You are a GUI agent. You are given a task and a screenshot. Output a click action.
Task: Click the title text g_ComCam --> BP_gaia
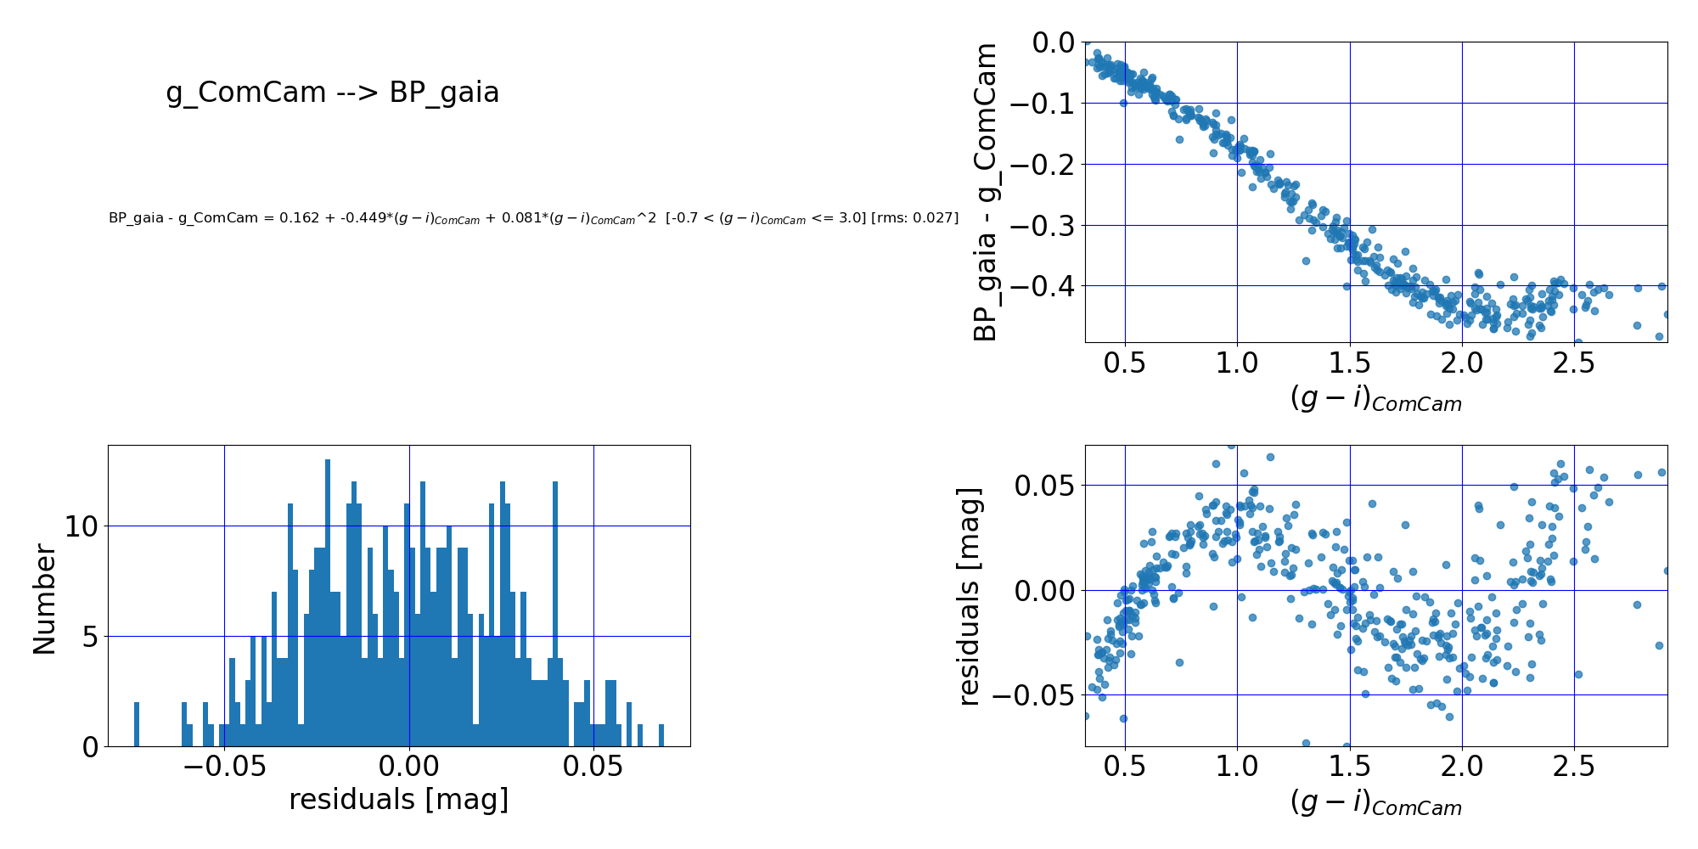point(332,93)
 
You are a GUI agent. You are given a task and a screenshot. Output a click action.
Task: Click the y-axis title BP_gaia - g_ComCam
point(985,193)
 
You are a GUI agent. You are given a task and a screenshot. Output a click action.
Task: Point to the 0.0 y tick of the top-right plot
point(1053,42)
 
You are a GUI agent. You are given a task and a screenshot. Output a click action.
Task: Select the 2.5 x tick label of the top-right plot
point(1574,363)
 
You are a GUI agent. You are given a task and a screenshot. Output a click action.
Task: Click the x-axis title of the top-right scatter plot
point(1375,398)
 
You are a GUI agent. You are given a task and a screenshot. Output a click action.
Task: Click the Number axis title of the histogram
point(44,599)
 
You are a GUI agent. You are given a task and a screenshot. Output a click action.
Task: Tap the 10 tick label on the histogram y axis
point(82,526)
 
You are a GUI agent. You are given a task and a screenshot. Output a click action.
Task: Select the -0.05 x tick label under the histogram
point(224,767)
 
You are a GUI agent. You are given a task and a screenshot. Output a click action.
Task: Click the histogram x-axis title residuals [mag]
point(398,800)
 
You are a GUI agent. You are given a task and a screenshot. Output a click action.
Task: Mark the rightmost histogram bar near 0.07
point(661,735)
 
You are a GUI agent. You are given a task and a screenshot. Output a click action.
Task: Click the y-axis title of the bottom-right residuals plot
point(969,597)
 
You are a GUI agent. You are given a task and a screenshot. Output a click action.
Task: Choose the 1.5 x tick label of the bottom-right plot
point(1350,767)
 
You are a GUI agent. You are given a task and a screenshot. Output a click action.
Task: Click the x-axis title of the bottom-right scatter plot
point(1375,802)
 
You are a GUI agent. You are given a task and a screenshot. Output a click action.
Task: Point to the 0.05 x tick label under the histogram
point(593,767)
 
